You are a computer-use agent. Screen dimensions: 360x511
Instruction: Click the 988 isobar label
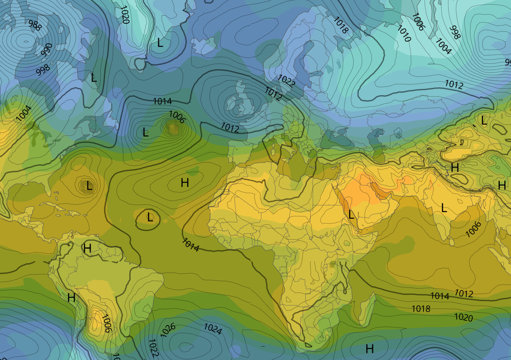click(x=35, y=25)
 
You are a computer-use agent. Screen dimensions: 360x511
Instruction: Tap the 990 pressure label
click(x=47, y=50)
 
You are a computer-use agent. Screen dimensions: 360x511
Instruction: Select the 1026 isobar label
click(x=168, y=330)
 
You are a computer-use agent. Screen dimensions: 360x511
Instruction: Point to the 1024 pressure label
click(x=213, y=329)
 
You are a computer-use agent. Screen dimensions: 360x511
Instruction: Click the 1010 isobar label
click(x=404, y=33)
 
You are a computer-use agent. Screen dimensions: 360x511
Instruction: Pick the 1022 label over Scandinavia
click(x=286, y=81)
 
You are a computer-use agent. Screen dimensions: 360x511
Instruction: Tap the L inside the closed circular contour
click(x=150, y=217)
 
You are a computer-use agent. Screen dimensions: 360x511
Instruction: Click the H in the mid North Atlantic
click(x=185, y=183)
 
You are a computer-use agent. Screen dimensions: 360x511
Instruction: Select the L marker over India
click(x=444, y=208)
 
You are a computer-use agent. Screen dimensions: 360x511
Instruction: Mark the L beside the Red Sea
click(x=351, y=215)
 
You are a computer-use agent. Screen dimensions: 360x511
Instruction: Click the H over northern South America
click(x=87, y=248)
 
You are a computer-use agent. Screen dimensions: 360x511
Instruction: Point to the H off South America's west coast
click(x=71, y=297)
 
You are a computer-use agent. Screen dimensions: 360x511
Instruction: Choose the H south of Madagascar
click(x=370, y=349)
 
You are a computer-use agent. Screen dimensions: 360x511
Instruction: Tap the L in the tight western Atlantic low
click(x=89, y=186)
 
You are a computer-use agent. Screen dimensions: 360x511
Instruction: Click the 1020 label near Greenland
click(x=125, y=15)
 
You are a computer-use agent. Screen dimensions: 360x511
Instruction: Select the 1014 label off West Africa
click(x=191, y=245)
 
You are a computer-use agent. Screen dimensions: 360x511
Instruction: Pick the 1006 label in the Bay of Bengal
click(x=473, y=229)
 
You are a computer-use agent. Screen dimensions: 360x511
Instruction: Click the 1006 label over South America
click(x=107, y=323)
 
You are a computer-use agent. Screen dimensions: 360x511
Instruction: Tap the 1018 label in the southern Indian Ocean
click(x=421, y=309)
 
